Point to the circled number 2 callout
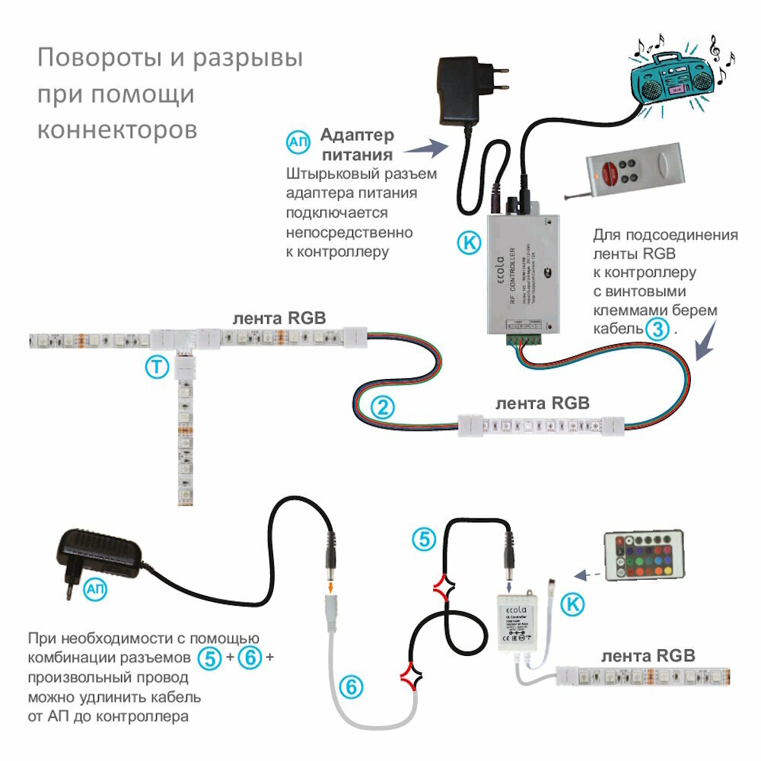[385, 406]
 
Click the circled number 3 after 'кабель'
[657, 330]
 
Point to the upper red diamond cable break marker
[444, 586]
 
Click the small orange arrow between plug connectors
[331, 587]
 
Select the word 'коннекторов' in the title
[117, 129]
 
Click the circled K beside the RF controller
[470, 243]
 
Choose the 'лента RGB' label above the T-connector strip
[279, 318]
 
